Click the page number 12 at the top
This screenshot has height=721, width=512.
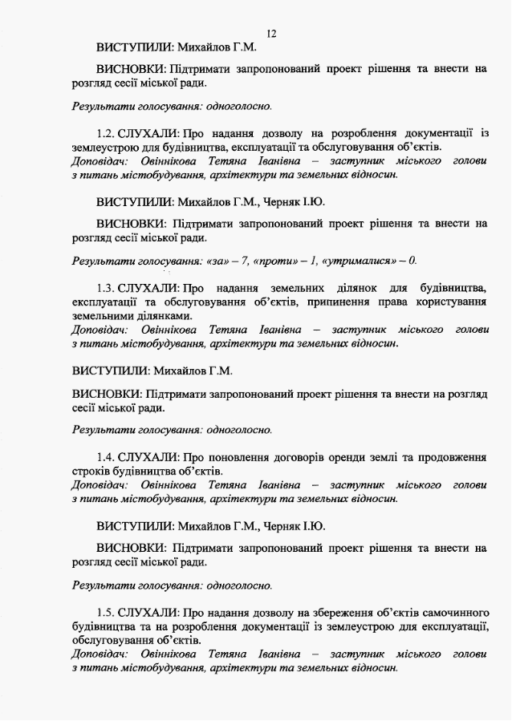[271, 34]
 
